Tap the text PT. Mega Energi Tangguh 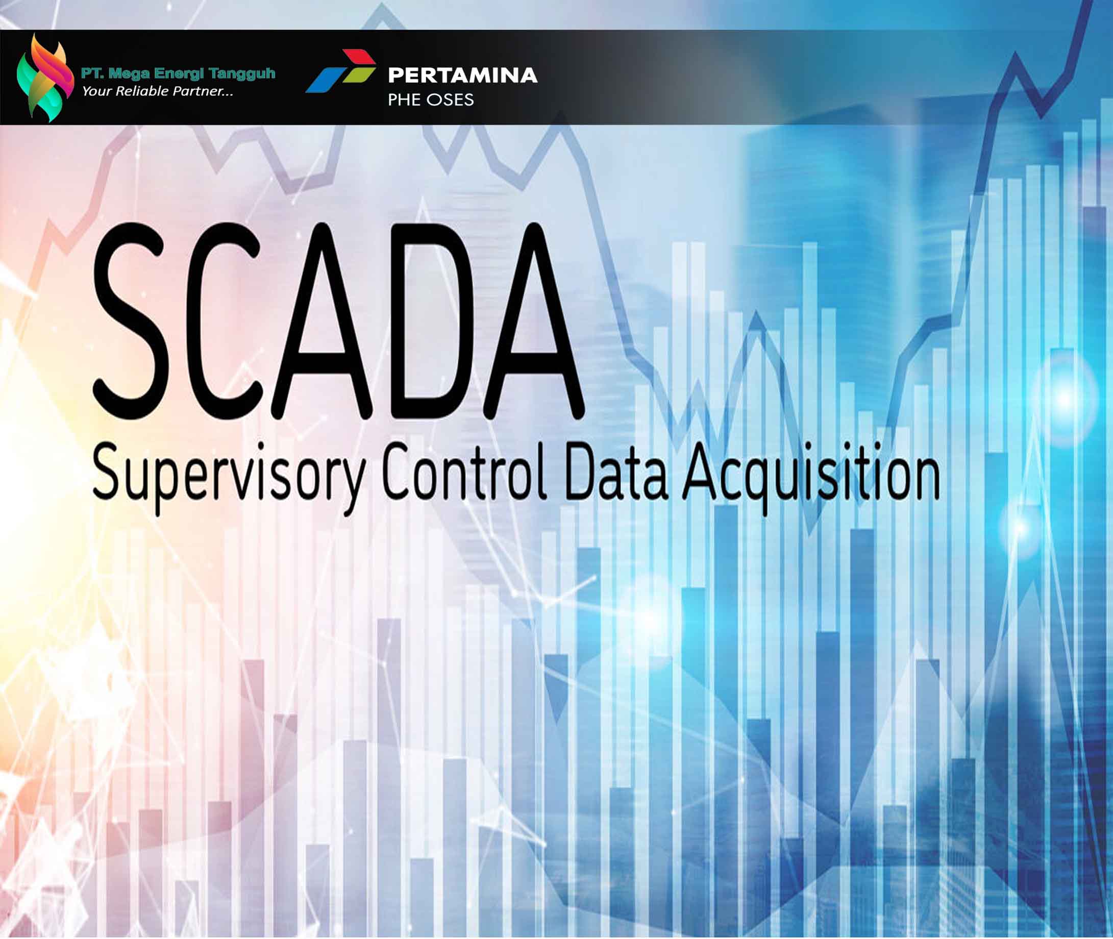(x=178, y=73)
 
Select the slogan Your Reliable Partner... (x=158, y=91)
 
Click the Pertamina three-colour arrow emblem (x=341, y=71)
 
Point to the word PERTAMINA (x=462, y=75)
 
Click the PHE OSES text (x=431, y=100)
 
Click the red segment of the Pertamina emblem (x=359, y=57)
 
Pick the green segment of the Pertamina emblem (x=359, y=75)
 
